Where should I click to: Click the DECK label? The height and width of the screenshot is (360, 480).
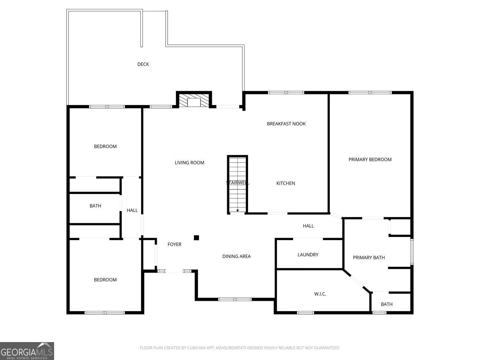143,64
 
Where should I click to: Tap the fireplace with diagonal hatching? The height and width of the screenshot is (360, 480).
194,100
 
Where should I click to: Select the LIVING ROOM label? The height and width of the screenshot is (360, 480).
189,163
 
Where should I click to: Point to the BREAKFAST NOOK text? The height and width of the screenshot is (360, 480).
286,124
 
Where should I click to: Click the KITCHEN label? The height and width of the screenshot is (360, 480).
285,183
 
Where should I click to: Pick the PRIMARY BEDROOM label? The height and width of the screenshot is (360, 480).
370,160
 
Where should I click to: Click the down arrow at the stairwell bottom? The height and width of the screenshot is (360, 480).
237,211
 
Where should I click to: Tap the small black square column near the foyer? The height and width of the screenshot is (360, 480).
196,237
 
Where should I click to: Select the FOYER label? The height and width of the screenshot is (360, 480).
174,244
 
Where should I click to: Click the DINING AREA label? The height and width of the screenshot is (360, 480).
236,256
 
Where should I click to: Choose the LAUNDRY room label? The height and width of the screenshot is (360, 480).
308,255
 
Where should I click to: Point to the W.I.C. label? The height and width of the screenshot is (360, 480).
320,294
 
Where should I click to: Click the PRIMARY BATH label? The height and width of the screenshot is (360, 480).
369,258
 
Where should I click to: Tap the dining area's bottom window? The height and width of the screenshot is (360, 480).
235,299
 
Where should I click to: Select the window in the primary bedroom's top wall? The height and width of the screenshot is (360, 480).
370,93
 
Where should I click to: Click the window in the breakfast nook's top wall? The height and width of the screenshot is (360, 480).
286,93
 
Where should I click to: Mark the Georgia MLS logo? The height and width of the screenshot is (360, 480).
27,351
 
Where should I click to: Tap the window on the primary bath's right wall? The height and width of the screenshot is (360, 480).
412,252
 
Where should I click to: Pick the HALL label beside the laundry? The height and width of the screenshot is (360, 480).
308,226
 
